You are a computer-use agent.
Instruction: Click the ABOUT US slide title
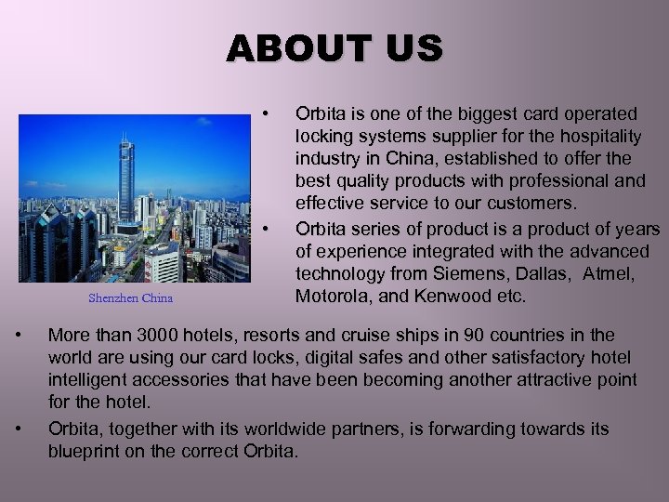click(x=334, y=47)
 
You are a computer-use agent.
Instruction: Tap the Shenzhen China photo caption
click(x=130, y=298)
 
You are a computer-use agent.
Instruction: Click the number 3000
click(x=148, y=335)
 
